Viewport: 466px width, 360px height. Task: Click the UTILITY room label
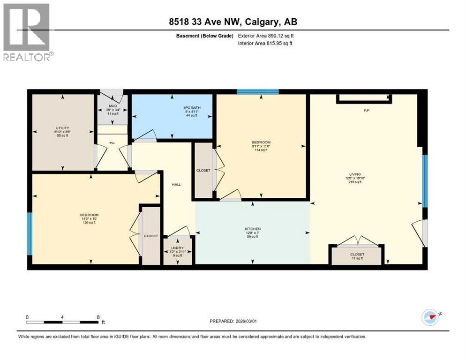(x=62, y=128)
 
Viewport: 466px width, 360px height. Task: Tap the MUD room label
(x=113, y=106)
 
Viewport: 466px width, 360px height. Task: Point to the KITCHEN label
(x=252, y=229)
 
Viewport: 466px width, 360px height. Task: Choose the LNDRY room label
(x=177, y=247)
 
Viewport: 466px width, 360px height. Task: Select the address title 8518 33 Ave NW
(x=233, y=22)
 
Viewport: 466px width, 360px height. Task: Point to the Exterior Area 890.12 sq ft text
(x=266, y=36)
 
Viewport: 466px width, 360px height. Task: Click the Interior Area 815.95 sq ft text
(x=265, y=44)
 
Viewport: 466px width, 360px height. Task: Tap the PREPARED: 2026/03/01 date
(x=233, y=321)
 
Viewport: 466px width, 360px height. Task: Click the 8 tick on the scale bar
(x=98, y=317)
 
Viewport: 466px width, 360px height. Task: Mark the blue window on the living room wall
(x=425, y=181)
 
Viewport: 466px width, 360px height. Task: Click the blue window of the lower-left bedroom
(x=30, y=233)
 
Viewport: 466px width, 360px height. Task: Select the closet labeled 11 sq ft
(x=357, y=256)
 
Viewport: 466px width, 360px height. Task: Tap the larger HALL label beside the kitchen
(x=176, y=185)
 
